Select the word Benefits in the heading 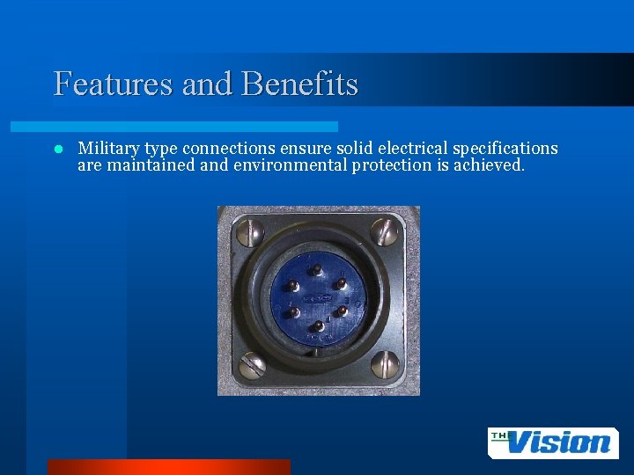[299, 84]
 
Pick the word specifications [505, 149]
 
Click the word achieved [489, 164]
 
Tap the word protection [392, 164]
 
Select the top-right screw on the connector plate [384, 231]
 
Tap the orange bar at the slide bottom [168, 466]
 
